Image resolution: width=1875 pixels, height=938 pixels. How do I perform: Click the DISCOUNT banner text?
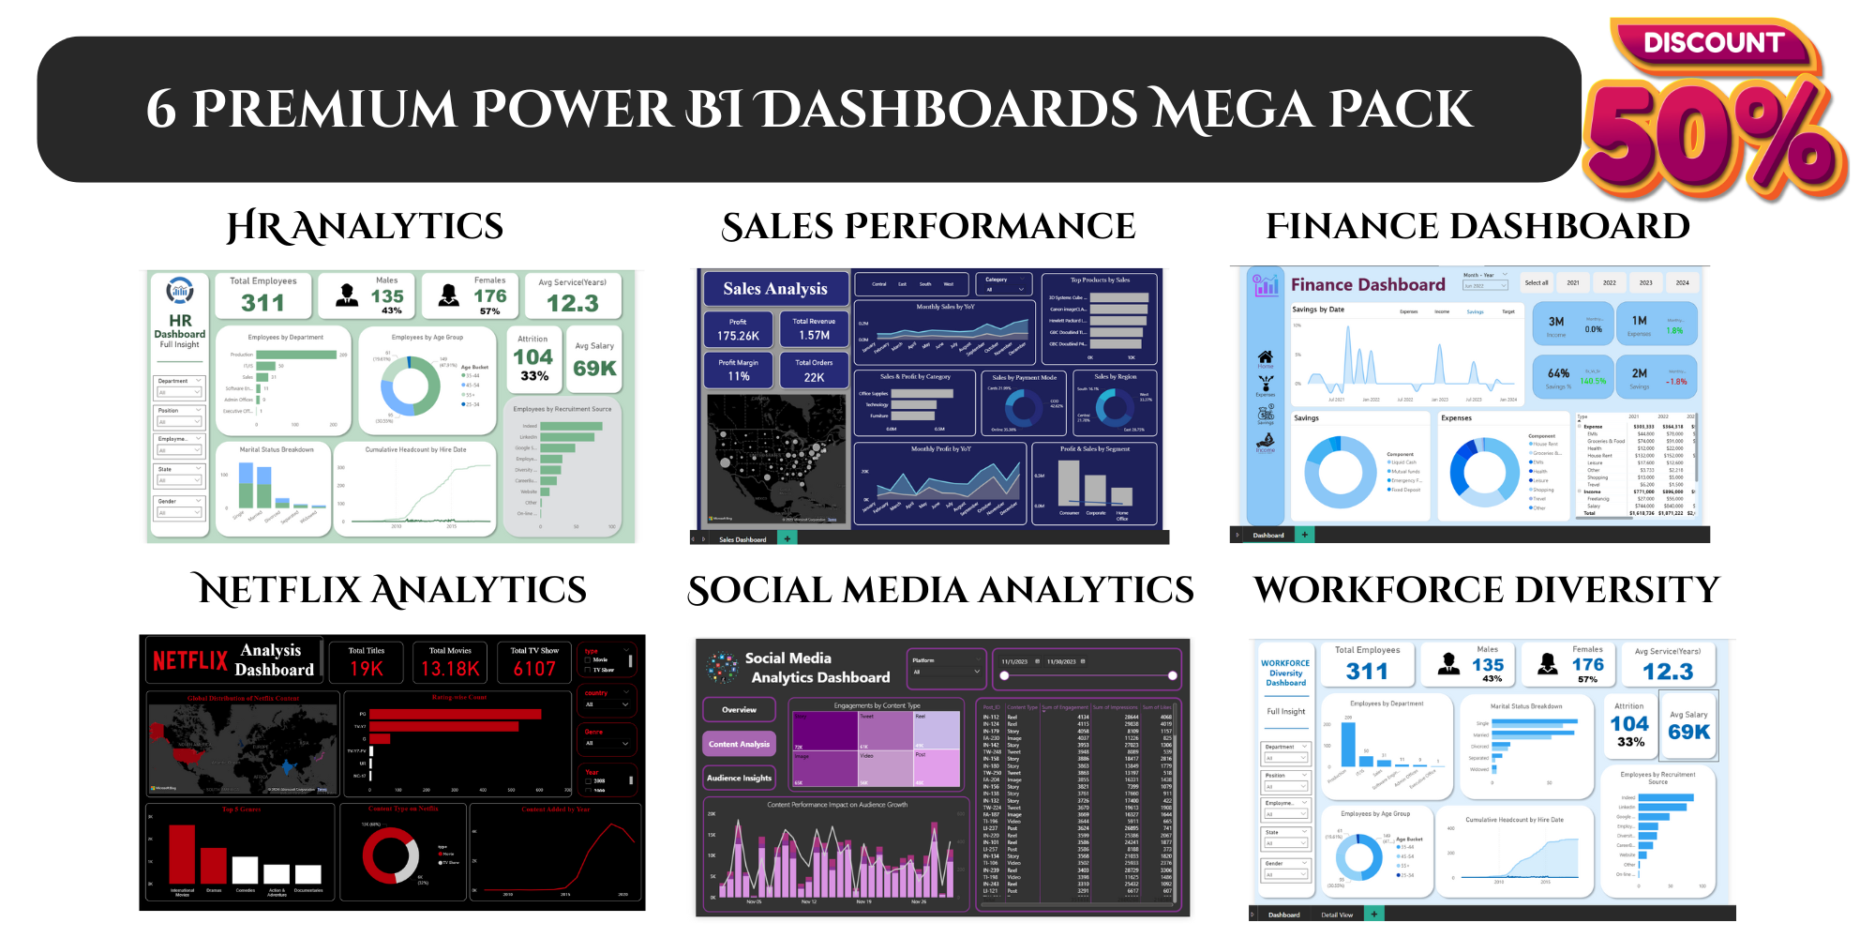tap(1713, 43)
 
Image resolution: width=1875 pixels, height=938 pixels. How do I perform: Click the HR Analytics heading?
tap(365, 226)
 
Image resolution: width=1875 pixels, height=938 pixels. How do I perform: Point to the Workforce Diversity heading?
tap(1487, 590)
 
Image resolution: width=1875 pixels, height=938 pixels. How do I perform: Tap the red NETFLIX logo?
tap(190, 661)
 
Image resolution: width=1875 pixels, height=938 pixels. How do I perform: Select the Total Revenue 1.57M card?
tap(814, 329)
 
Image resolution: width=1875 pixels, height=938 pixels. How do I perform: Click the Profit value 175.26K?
tap(738, 336)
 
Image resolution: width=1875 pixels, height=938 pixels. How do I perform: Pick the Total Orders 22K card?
tap(814, 371)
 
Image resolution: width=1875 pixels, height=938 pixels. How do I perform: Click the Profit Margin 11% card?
tap(738, 371)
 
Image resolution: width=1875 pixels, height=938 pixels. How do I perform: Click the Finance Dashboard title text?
tap(1368, 285)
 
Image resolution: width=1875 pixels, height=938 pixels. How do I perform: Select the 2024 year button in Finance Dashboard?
tap(1682, 282)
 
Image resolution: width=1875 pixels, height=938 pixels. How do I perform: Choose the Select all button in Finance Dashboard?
tap(1536, 282)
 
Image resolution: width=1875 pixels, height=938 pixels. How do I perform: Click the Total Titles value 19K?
tap(367, 669)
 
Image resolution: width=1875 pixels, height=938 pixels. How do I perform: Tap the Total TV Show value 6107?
tap(534, 669)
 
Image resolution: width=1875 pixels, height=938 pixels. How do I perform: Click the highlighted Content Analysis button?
tap(739, 744)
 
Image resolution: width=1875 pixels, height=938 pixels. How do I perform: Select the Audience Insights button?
tap(739, 778)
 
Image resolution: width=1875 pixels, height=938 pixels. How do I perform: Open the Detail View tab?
tap(1337, 915)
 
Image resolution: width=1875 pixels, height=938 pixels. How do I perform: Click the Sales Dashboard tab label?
tap(742, 539)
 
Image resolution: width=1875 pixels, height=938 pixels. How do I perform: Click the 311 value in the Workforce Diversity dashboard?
tap(1367, 672)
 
